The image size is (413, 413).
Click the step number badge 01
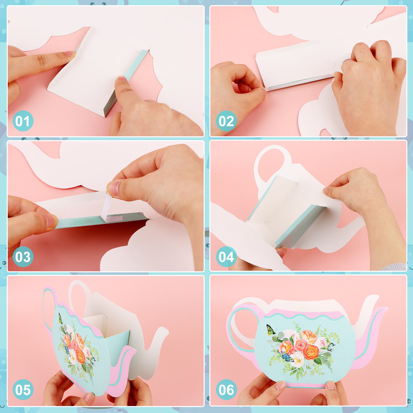23,121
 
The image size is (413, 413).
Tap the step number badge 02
226,121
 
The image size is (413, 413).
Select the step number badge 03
23,257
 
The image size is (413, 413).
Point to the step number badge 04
226,257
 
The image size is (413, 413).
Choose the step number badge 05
23,390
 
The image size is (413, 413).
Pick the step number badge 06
226,390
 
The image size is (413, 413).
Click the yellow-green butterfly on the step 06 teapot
271,330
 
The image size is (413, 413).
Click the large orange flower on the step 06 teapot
311,352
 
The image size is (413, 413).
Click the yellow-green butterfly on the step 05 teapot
60,318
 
